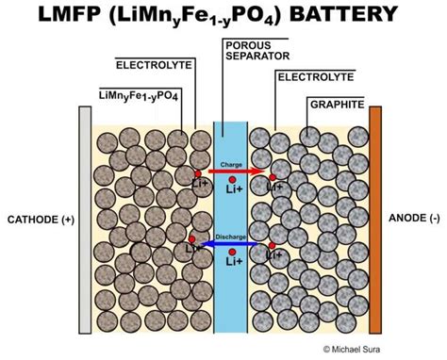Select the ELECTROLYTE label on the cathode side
[x=152, y=65]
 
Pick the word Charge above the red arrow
[x=231, y=164]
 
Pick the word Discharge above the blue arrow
[x=231, y=236]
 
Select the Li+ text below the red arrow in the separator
[x=232, y=188]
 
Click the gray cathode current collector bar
[x=85, y=220]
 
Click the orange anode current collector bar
[x=374, y=220]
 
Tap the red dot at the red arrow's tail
[x=197, y=174]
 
